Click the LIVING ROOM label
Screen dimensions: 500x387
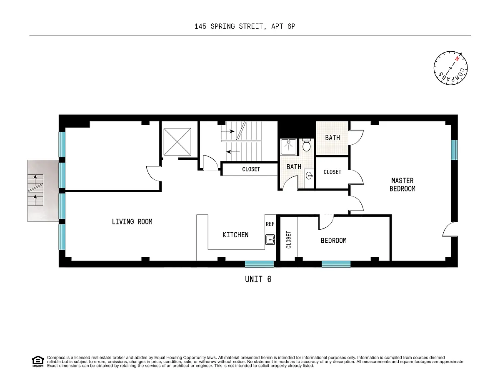(x=132, y=221)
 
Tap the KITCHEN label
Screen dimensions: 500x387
(x=235, y=235)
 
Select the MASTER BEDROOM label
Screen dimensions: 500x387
(x=402, y=185)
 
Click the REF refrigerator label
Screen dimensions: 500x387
(x=270, y=224)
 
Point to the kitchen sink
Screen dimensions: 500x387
(x=270, y=240)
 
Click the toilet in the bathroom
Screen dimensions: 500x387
(x=306, y=145)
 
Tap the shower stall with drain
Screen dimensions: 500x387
(x=288, y=147)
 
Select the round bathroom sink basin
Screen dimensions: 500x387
(x=309, y=176)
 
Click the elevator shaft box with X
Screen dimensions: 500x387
(x=177, y=142)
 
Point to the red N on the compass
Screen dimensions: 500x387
(x=457, y=59)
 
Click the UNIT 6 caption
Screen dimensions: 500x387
(x=258, y=279)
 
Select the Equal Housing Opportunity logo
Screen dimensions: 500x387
(x=38, y=361)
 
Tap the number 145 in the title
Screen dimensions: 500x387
(x=200, y=26)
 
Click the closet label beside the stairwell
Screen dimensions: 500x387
(x=251, y=169)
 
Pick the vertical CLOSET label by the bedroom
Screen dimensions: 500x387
(x=288, y=240)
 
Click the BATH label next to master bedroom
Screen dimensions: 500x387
(x=332, y=138)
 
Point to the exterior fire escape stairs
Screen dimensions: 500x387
(x=35, y=190)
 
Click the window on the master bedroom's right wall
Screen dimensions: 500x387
(x=454, y=150)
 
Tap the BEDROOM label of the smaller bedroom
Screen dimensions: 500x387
(x=334, y=241)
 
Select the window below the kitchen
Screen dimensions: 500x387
(x=259, y=264)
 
